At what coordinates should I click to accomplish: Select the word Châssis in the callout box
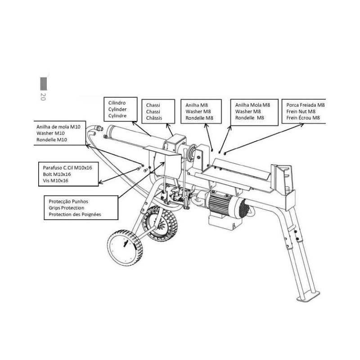(154, 118)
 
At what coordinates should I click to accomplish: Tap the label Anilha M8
(196, 105)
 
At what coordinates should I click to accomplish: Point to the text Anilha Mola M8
(252, 105)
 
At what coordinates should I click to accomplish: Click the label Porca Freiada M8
(305, 105)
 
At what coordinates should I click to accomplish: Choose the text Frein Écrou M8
(303, 118)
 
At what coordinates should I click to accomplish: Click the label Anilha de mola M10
(58, 127)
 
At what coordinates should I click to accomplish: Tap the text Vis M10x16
(54, 180)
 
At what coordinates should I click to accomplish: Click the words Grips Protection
(67, 208)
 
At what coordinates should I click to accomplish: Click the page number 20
(43, 96)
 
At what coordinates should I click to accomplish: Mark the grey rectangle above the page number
(44, 84)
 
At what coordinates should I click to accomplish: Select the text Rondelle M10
(52, 140)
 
